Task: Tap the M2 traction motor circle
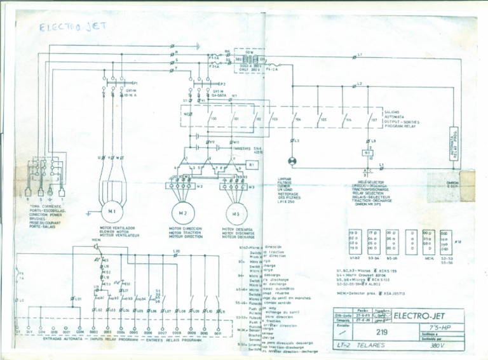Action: tap(182, 212)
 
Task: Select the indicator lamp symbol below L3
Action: tap(293, 161)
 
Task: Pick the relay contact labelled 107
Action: tap(372, 119)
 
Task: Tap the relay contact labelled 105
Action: tap(322, 119)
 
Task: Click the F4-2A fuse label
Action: tap(272, 69)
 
